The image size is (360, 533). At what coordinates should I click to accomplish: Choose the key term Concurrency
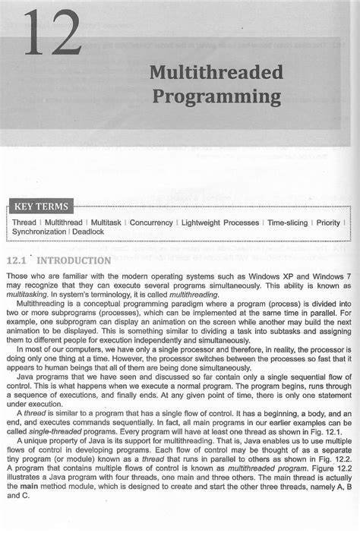click(x=151, y=222)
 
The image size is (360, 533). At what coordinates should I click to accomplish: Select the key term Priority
click(x=328, y=222)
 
